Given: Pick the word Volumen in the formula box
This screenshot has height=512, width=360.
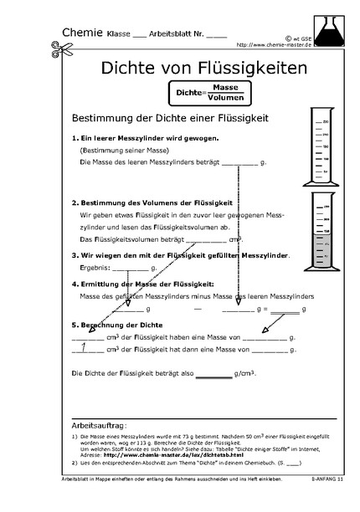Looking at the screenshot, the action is click(220, 97).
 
